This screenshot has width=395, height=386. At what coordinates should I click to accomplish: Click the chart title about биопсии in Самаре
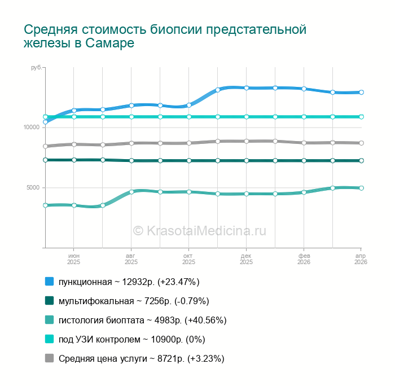[x=165, y=36]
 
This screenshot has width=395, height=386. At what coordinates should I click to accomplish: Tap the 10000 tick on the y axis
[x=32, y=127]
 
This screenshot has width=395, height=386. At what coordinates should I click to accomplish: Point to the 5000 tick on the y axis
[x=33, y=187]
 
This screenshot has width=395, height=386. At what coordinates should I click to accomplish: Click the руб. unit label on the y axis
[x=36, y=68]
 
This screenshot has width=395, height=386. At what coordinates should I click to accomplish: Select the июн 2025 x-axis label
[x=74, y=258]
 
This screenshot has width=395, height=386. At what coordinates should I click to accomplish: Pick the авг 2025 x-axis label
[x=131, y=258]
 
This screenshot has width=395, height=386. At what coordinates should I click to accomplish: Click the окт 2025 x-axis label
[x=188, y=258]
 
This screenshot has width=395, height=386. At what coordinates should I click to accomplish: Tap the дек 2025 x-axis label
[x=246, y=258]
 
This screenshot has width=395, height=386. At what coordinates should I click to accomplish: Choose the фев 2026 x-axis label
[x=304, y=258]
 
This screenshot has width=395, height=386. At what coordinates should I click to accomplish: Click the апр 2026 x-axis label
[x=361, y=258]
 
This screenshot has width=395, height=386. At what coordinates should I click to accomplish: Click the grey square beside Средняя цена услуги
[x=49, y=358]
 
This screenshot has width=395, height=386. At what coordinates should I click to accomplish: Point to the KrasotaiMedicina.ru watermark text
[x=199, y=230]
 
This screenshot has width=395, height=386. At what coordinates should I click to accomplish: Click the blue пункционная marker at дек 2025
[x=247, y=87]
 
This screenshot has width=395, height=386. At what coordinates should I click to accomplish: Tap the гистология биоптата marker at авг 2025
[x=131, y=192]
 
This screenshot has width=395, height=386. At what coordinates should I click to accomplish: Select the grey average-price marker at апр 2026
[x=361, y=143]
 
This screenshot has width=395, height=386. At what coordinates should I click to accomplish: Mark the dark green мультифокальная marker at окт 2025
[x=189, y=160]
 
